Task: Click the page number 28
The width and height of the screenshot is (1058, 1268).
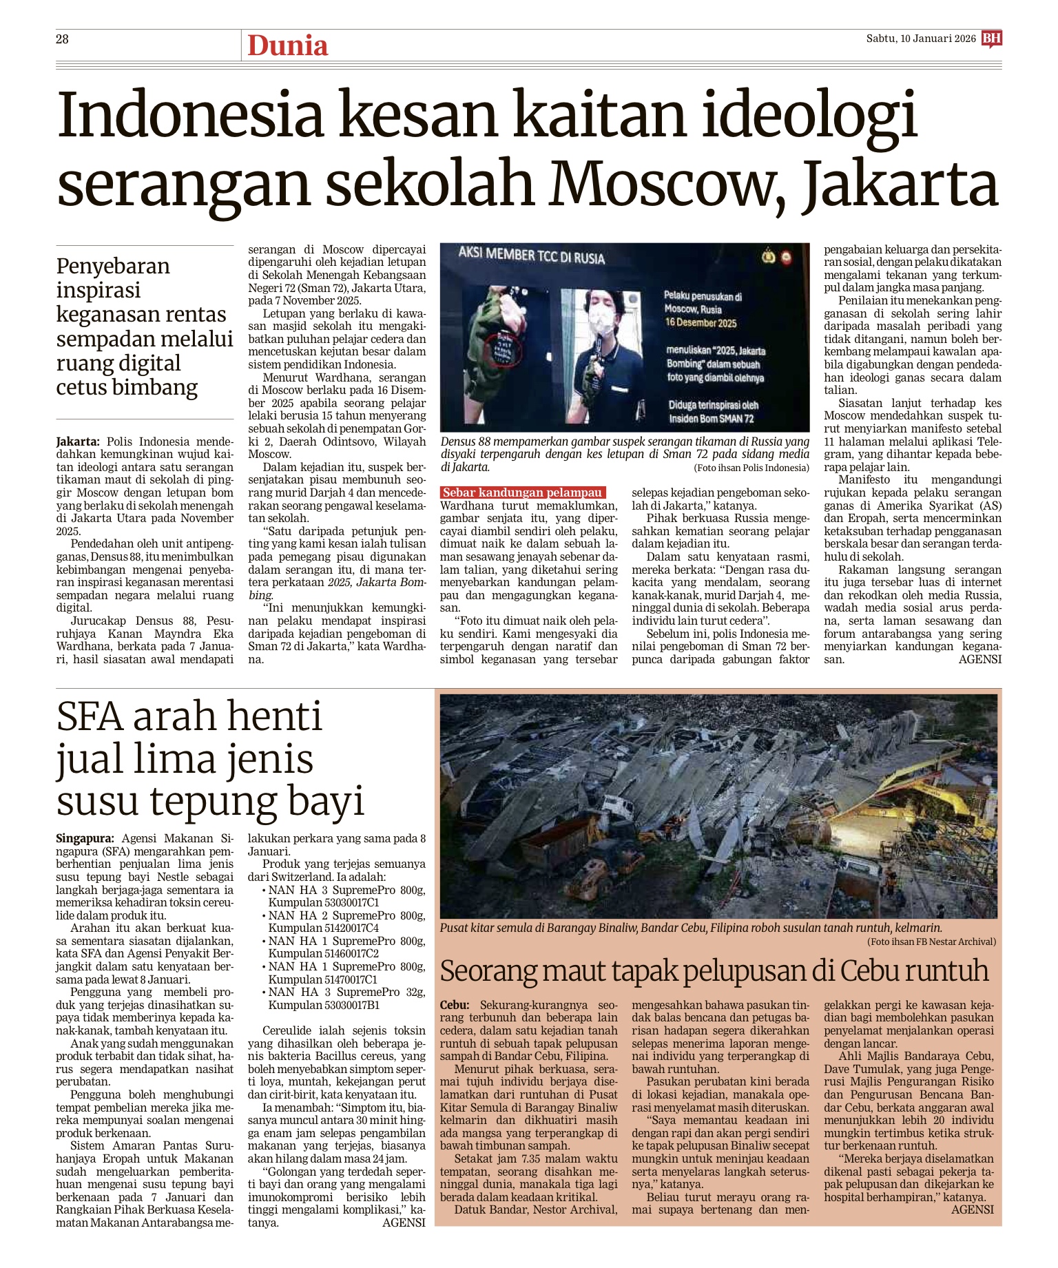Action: tap(62, 39)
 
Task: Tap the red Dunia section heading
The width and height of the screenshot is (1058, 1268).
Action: tap(287, 46)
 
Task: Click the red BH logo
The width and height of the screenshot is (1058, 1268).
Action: tap(992, 39)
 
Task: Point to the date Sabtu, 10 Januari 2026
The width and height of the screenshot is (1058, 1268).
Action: tap(921, 39)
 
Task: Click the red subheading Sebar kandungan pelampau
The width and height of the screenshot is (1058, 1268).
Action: tap(522, 492)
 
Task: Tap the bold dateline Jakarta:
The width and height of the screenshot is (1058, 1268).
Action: tap(78, 441)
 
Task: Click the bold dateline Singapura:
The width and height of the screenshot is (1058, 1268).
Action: tap(85, 838)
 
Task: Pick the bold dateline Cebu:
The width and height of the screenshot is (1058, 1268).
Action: tap(455, 1005)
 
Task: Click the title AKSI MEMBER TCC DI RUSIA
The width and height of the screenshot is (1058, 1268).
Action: tap(531, 257)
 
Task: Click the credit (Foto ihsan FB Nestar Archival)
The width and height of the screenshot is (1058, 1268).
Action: tap(931, 942)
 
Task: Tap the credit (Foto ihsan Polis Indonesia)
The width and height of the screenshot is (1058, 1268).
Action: tap(751, 468)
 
